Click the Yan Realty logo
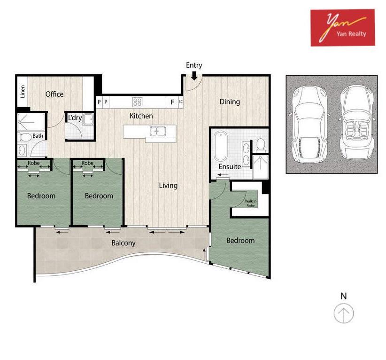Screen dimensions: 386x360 tap(343, 28)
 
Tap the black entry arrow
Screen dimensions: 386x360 tap(194, 76)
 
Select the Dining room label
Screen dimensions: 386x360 tap(230, 102)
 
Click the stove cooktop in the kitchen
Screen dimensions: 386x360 tap(138, 102)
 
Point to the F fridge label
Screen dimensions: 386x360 tap(172, 102)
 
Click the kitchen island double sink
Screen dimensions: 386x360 tap(158, 131)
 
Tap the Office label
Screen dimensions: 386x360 tap(54, 94)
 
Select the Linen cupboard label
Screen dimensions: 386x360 tap(23, 92)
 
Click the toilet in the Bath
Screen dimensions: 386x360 tap(24, 137)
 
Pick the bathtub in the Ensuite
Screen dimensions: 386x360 tap(221, 146)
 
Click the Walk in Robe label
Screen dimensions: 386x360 tap(251, 203)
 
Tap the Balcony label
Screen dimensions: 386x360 tap(124, 243)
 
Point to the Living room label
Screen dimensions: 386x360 tap(168, 185)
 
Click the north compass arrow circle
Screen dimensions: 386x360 tap(344, 313)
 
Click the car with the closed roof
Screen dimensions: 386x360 tap(309, 124)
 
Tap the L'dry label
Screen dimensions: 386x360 tap(75, 118)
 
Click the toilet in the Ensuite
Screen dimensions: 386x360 tap(261, 145)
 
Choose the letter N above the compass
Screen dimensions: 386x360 tap(344, 296)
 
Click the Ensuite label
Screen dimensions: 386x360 tap(230, 166)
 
